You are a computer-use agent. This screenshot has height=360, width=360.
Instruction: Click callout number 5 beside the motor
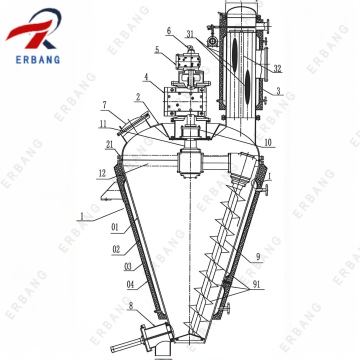[157, 49]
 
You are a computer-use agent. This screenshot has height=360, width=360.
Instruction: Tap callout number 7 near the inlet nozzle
[105, 104]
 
